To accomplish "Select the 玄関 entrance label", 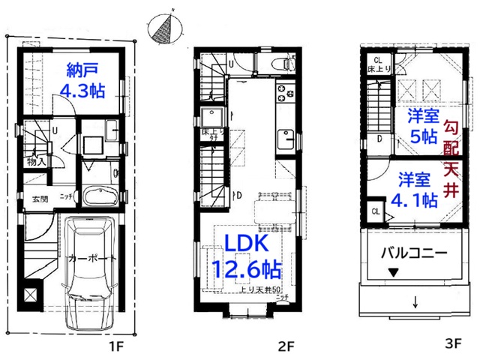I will [x=40, y=199].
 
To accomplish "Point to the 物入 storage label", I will [x=37, y=160].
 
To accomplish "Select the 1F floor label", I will [x=113, y=346].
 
